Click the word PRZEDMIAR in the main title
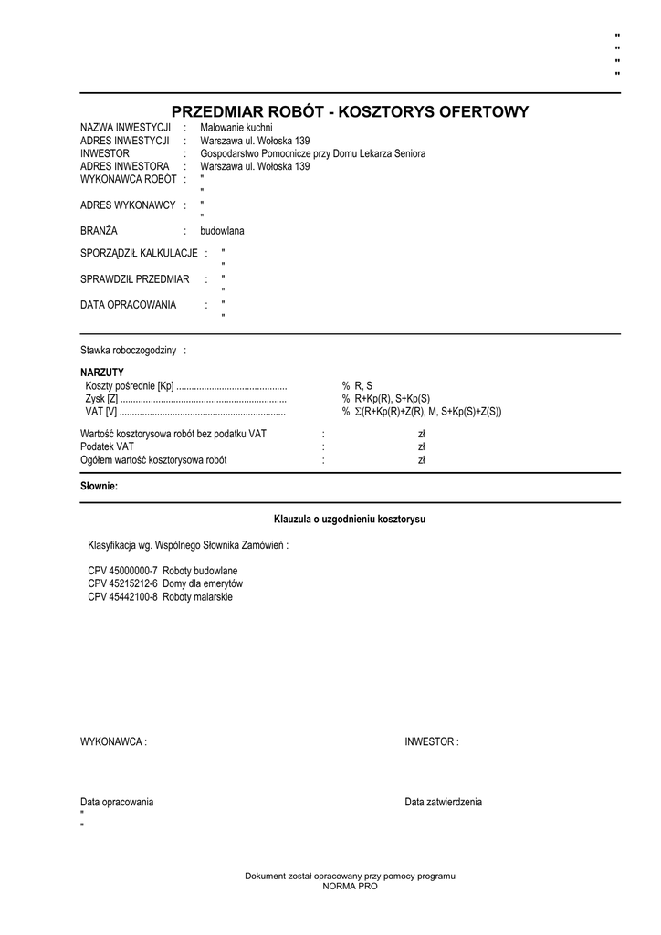pos(217,112)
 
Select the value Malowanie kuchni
pos(236,128)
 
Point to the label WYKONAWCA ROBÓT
pos(129,180)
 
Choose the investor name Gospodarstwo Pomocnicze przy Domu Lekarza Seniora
pos(312,154)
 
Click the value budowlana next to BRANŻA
pos(222,231)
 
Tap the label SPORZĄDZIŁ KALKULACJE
pos(139,252)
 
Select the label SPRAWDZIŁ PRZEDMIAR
pos(134,278)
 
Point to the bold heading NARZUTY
pos(101,373)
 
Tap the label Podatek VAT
pos(107,447)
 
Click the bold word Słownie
pos(100,487)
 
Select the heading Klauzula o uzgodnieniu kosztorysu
pos(350,520)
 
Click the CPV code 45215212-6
pos(132,583)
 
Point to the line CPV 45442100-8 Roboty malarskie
pos(161,597)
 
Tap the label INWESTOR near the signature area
pos(431,742)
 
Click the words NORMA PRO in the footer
pos(350,887)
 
